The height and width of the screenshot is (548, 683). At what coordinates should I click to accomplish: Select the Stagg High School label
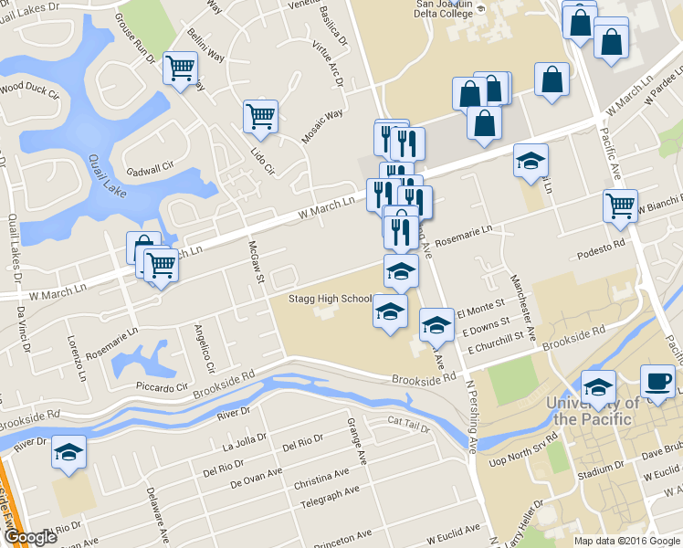pyautogui.click(x=330, y=299)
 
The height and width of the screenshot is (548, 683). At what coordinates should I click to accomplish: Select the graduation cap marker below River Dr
pyautogui.click(x=68, y=452)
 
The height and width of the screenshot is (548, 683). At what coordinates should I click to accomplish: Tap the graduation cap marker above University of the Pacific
pyautogui.click(x=599, y=387)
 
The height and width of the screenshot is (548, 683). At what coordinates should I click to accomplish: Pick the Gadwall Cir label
pyautogui.click(x=150, y=169)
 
